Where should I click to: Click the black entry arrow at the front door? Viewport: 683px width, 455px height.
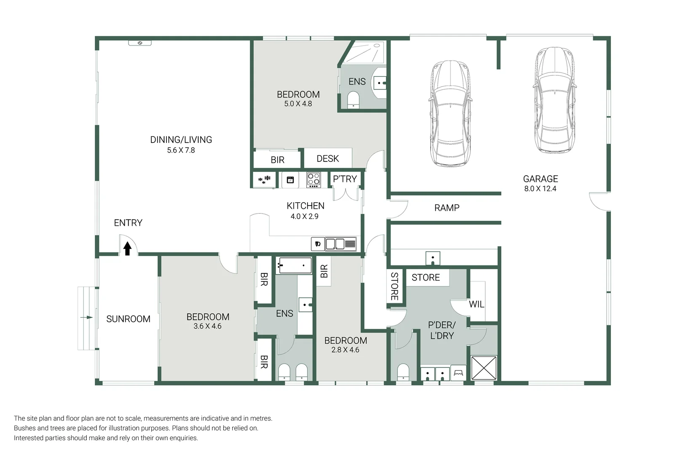127,249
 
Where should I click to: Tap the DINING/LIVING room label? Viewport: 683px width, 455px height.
181,140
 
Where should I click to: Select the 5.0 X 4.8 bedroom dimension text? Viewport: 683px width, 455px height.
298,104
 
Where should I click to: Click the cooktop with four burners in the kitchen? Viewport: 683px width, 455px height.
313,180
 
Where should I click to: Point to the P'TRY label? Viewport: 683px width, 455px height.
345,179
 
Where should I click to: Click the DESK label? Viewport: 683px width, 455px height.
327,159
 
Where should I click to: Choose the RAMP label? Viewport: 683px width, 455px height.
447,208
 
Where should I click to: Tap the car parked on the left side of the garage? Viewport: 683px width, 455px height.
450,114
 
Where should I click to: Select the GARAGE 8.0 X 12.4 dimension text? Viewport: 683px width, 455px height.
540,189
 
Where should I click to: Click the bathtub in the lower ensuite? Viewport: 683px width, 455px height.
294,266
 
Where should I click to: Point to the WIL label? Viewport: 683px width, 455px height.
477,304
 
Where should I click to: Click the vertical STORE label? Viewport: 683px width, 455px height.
394,286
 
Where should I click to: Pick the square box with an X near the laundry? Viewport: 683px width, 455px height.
484,368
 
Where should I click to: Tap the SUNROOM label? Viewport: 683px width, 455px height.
128,319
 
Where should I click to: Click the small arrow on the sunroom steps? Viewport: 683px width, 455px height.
87,317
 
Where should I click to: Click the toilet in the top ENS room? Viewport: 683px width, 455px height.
353,100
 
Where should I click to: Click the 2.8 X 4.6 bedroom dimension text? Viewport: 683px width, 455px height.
345,350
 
